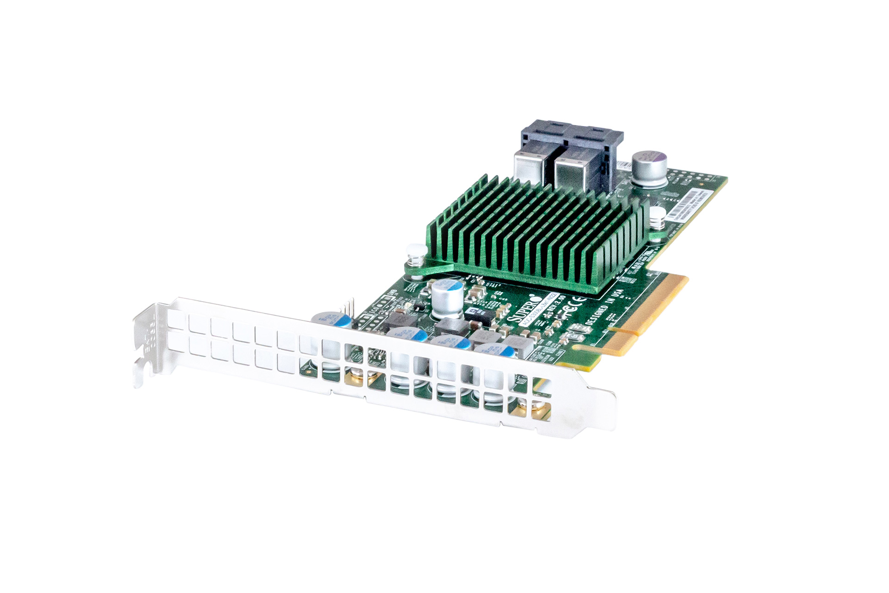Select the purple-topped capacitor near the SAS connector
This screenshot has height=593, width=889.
[x=649, y=168]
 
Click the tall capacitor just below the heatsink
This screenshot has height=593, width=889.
[x=447, y=299]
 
